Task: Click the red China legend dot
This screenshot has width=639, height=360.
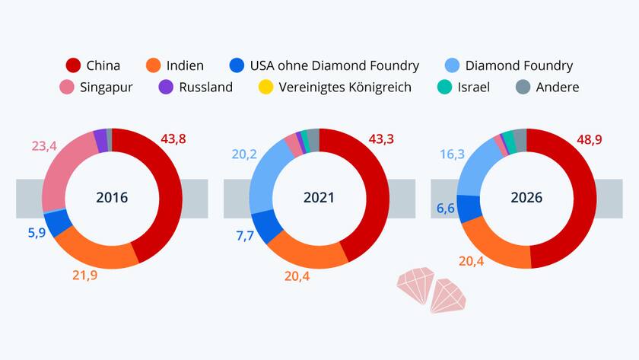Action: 74,65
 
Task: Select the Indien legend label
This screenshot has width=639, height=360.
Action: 186,65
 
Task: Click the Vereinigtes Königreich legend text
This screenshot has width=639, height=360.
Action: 345,87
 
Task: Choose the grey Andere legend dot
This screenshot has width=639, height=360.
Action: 523,87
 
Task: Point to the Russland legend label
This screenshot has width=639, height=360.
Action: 205,87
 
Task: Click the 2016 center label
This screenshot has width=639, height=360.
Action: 112,198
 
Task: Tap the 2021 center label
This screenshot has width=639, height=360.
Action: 319,198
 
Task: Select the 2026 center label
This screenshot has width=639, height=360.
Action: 526,198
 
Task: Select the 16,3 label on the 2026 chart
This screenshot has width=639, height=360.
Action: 452,155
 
